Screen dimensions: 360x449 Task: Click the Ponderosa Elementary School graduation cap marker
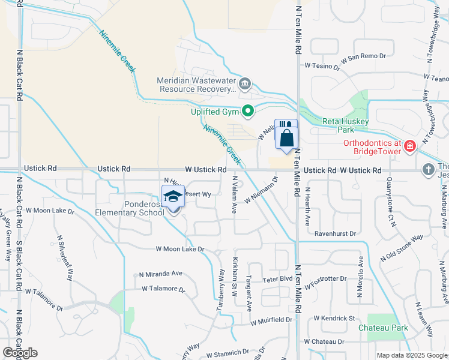[173, 196]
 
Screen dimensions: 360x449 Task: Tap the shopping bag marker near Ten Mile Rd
[286, 138]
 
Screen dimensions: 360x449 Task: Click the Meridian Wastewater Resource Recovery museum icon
[244, 84]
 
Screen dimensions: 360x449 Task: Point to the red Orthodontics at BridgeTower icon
[409, 146]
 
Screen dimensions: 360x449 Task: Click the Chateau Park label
[383, 328]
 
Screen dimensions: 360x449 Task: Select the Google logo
[20, 353]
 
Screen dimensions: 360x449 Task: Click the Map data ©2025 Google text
[411, 356]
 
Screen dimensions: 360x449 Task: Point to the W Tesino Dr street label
[322, 65]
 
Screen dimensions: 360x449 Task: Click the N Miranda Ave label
[160, 273]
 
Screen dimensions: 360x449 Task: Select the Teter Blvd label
[277, 279]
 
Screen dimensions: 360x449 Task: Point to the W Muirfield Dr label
[271, 320]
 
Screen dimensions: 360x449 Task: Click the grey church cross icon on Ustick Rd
[428, 170]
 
